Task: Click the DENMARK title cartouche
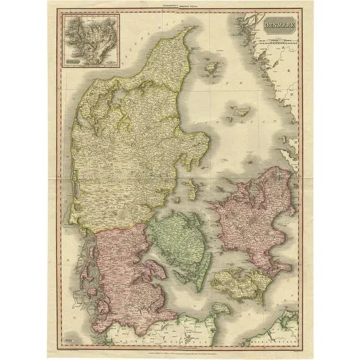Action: pos(278,27)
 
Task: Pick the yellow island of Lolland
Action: pos(235,282)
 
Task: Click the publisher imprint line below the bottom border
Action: pos(180,350)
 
